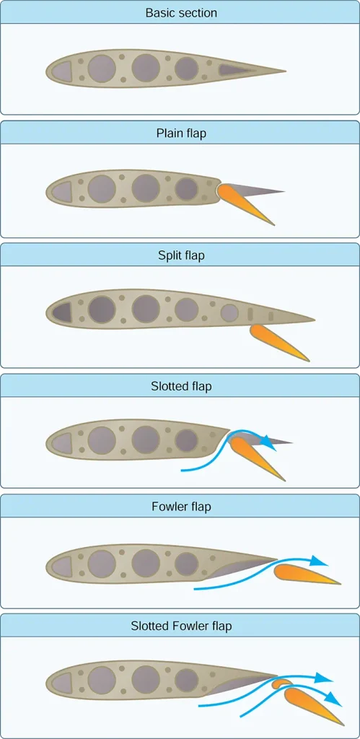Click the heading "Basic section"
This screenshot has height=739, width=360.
coord(181,13)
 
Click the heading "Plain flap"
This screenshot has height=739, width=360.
coord(181,134)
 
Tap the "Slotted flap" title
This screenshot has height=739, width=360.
coord(181,387)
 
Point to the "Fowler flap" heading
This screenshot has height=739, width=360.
coord(181,507)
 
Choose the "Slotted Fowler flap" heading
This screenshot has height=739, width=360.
coord(181,627)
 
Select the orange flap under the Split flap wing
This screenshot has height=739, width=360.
coord(278,341)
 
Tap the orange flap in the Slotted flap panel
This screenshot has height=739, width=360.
coord(257,456)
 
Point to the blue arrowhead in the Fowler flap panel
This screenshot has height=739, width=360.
coord(320,560)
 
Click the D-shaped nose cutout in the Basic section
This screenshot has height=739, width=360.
coord(61,71)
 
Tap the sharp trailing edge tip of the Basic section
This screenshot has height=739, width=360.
coord(286,71)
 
